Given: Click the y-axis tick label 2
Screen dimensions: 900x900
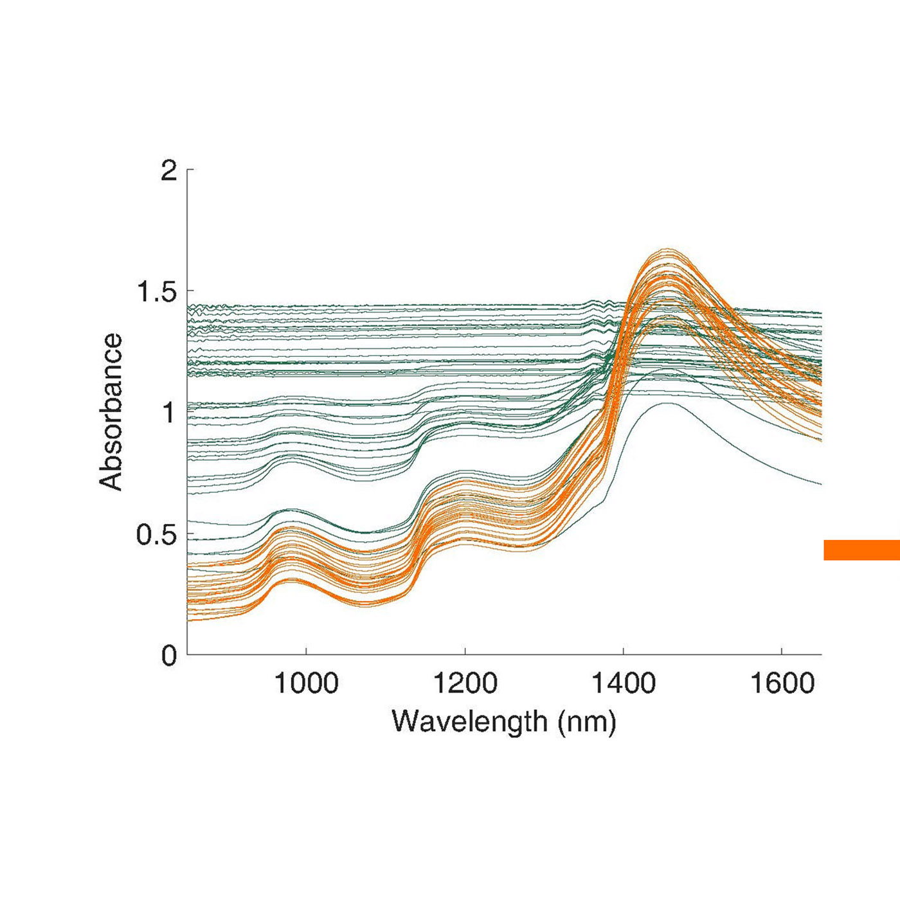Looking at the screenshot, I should (168, 171).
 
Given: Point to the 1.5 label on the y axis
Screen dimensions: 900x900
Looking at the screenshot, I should (156, 292).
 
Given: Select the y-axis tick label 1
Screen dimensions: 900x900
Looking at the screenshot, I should (168, 413).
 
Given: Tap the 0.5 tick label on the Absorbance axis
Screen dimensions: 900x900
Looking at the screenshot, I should (156, 534).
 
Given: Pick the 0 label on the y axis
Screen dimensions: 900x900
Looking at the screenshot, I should (168, 656).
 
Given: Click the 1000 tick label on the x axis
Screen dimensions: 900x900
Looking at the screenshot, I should (306, 683).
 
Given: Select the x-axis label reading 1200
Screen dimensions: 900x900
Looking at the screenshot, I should (465, 683).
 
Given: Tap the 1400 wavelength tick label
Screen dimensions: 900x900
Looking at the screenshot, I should (623, 683).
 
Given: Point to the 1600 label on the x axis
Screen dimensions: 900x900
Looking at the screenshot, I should (782, 683).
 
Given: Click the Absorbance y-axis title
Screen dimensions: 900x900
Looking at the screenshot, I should (111, 412).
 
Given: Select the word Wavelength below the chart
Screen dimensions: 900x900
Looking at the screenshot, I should (469, 721).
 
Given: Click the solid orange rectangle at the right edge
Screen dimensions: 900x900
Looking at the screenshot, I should (861, 550).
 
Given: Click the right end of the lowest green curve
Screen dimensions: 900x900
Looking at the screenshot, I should (821, 484).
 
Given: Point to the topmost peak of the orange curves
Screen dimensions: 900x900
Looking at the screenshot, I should (669, 249).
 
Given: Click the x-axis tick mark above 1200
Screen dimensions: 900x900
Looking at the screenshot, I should (465, 651).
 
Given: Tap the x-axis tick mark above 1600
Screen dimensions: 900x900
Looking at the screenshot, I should (782, 651).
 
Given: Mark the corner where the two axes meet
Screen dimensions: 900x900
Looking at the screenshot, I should (187, 655).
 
